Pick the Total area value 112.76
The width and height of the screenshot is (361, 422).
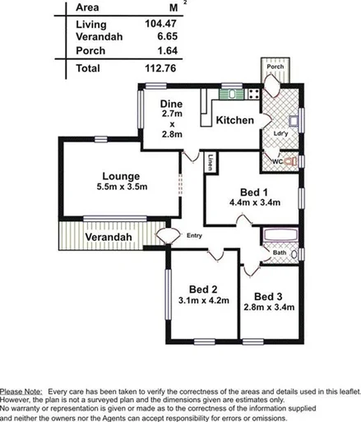pyautogui.click(x=162, y=68)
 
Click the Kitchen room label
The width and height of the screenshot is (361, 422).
pyautogui.click(x=234, y=121)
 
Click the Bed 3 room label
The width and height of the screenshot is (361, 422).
pyautogui.click(x=268, y=296)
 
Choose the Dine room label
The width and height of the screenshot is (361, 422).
pyautogui.click(x=171, y=104)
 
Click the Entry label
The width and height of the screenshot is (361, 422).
pyautogui.click(x=194, y=235)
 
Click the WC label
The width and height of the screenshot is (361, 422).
pyautogui.click(x=278, y=161)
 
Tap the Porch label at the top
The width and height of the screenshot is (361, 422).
pyautogui.click(x=275, y=67)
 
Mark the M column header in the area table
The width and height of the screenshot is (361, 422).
pyautogui.click(x=171, y=7)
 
